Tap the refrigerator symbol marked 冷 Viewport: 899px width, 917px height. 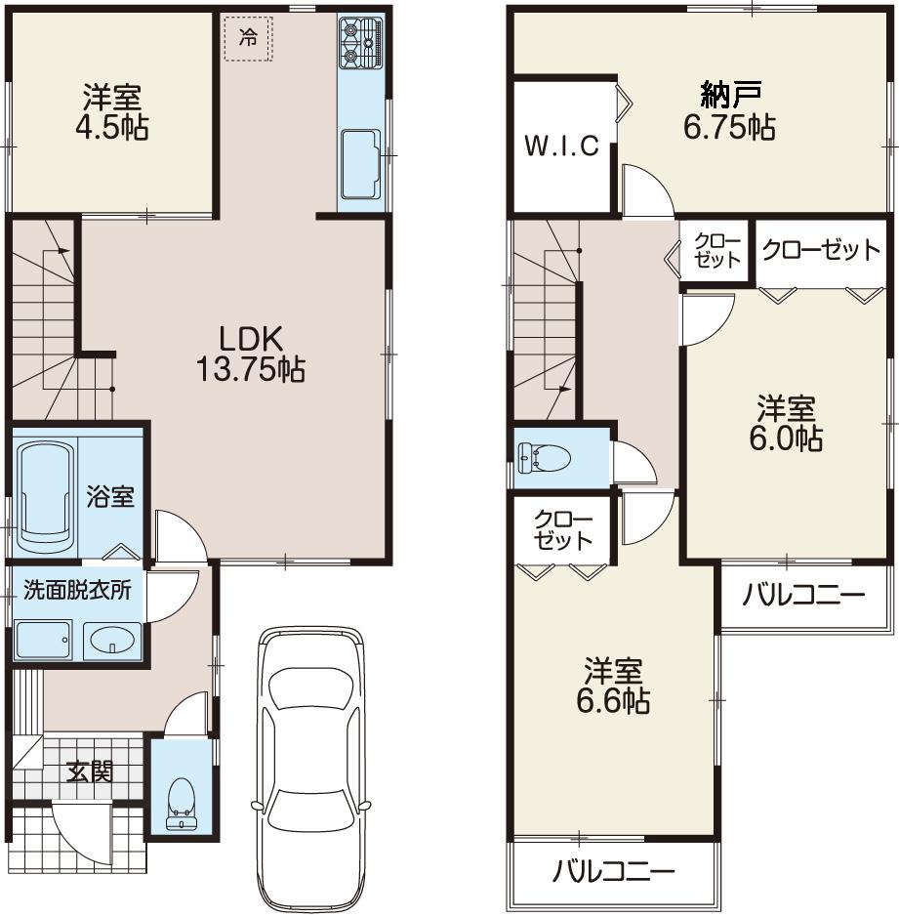tap(250, 39)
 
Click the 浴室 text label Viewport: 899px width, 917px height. tap(110, 496)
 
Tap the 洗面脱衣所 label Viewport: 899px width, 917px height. tap(77, 591)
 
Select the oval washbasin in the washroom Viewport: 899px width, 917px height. tap(113, 642)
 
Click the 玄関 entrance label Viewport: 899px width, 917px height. tap(90, 772)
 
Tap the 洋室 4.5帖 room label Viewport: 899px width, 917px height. tap(112, 113)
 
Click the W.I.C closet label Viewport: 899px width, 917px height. tap(561, 146)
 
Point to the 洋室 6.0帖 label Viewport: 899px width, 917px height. tap(785, 423)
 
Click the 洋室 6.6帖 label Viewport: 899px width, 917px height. tap(614, 687)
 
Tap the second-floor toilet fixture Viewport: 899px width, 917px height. tap(545, 456)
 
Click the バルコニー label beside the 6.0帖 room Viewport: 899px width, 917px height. tap(802, 595)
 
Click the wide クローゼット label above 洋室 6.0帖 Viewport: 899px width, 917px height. tap(820, 251)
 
